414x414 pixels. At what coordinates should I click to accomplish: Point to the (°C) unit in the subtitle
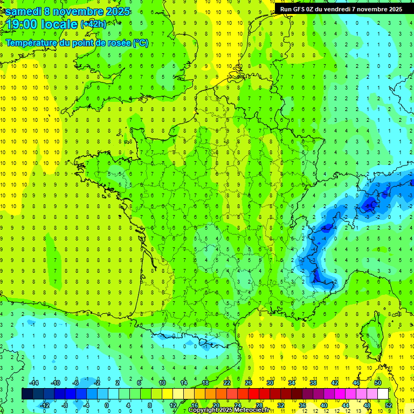[x=141, y=43]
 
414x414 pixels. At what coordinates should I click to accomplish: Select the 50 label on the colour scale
[x=378, y=383]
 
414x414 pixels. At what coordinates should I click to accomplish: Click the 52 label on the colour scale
[x=389, y=405]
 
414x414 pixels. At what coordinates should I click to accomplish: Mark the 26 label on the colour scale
[x=249, y=383]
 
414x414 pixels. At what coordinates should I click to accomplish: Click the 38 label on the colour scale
[x=313, y=383]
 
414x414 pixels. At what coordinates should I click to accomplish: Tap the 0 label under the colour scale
[x=107, y=405]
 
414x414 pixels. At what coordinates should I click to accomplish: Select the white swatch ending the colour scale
[x=383, y=394]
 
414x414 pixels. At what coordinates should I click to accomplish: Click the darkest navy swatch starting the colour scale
[x=27, y=394]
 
